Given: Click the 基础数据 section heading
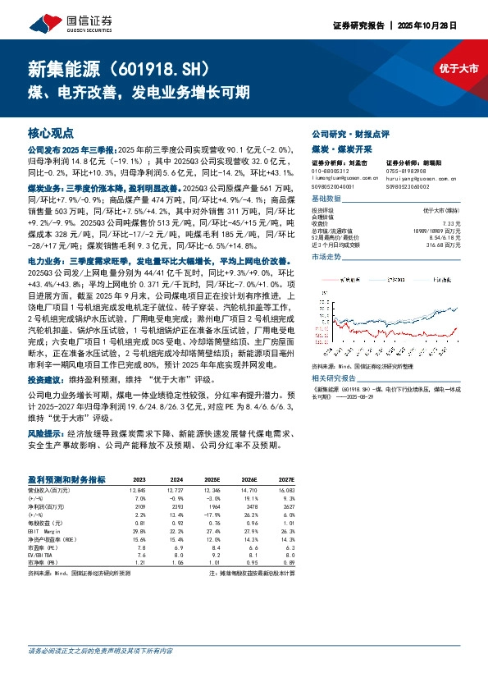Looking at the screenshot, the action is coord(327,199).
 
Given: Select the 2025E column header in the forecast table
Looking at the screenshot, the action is coord(213,478).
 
